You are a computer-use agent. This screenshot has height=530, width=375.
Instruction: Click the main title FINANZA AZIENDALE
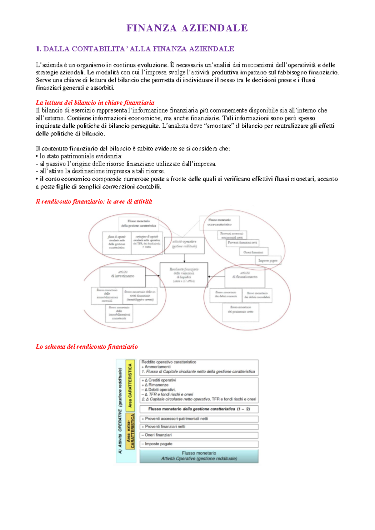[187, 28]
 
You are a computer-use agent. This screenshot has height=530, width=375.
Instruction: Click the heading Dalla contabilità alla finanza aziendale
[135, 49]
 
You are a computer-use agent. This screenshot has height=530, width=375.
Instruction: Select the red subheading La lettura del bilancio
[95, 103]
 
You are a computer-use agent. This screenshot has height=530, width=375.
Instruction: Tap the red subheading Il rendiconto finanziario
[94, 202]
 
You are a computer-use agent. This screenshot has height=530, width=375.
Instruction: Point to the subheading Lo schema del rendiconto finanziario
[87, 347]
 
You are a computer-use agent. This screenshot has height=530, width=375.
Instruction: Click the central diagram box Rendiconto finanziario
[184, 275]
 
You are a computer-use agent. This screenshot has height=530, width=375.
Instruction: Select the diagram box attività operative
[184, 244]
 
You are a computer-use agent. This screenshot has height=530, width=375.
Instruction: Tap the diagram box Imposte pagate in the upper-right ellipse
[268, 260]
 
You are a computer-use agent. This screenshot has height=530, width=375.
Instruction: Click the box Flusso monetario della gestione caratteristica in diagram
[138, 223]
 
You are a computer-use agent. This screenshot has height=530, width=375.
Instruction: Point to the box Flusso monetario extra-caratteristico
[219, 222]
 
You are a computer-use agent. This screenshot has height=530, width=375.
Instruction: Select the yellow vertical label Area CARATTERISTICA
[130, 385]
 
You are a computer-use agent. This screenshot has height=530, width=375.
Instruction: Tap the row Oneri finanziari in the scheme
[199, 435]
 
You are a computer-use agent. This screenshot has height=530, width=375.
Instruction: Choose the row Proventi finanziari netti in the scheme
[199, 427]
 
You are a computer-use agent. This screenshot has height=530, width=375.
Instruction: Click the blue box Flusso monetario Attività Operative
[199, 456]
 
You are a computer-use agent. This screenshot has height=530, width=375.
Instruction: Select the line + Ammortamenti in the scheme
[156, 367]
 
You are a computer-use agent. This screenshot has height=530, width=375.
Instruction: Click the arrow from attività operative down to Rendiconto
[184, 258]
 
